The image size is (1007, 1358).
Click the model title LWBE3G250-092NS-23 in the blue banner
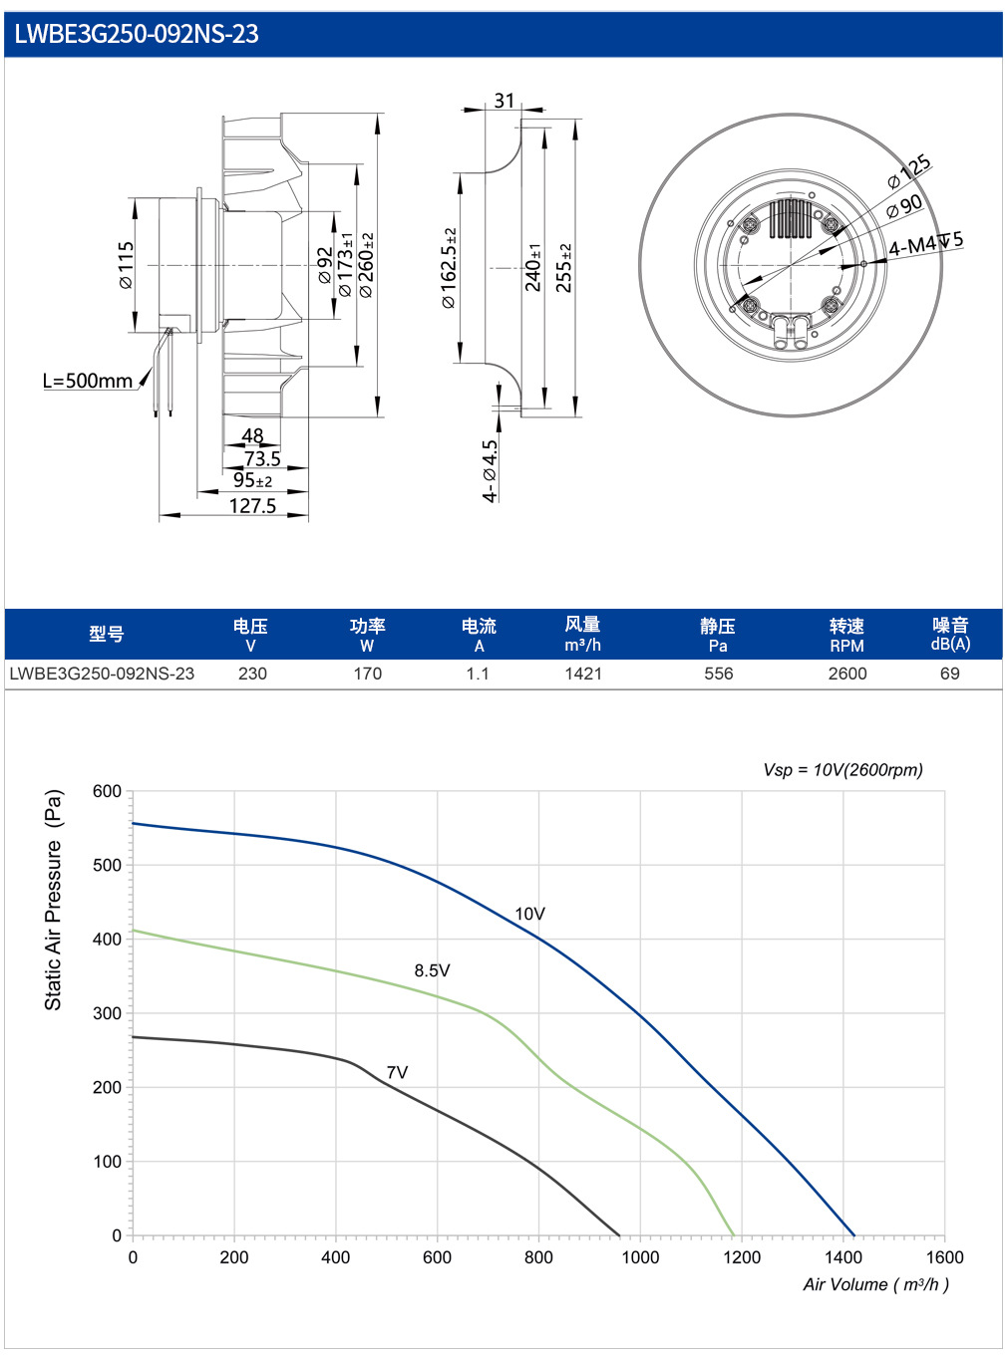[x=136, y=34]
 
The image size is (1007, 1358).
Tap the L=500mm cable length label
[x=88, y=381]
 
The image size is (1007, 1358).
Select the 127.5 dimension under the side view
[x=252, y=506]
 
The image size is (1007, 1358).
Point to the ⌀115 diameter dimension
[x=126, y=264]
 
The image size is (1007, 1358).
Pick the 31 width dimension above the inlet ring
[x=503, y=100]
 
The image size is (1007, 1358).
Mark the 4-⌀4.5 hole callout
[x=490, y=471]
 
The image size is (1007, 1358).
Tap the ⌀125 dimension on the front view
[x=909, y=171]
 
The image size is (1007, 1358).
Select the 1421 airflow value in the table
[x=583, y=674]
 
